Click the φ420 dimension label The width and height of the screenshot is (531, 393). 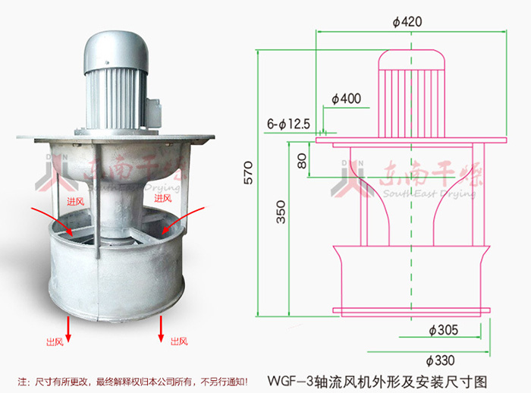pyautogui.click(x=407, y=22)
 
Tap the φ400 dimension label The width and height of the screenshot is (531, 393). pyautogui.click(x=346, y=99)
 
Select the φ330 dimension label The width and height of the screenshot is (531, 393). pyautogui.click(x=441, y=360)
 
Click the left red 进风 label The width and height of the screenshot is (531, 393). pyautogui.click(x=74, y=201)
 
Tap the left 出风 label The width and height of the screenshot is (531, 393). pyautogui.click(x=55, y=341)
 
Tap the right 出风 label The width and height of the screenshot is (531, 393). pyautogui.click(x=176, y=341)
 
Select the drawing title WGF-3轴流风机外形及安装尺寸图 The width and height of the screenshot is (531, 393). pyautogui.click(x=378, y=379)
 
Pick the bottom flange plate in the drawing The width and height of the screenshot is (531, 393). pyautogui.click(x=412, y=310)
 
